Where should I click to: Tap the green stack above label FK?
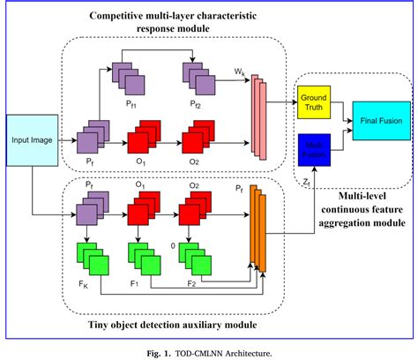(91, 259)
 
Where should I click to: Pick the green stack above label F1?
(141, 259)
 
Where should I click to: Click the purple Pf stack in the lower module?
(91, 214)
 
